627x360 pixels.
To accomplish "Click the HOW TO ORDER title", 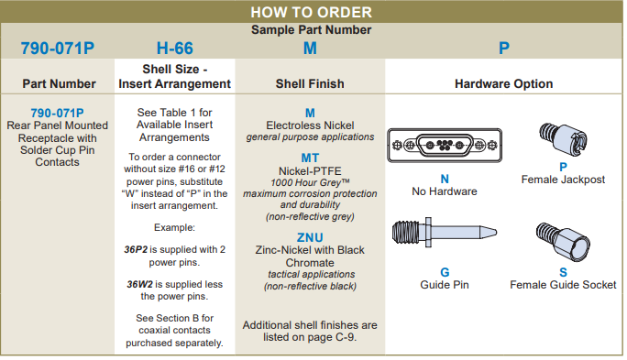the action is click(x=311, y=12).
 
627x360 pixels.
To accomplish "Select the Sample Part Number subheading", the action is click(x=311, y=29).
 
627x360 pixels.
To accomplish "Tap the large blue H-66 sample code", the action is click(x=175, y=49).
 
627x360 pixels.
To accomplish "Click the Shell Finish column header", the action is click(x=310, y=83).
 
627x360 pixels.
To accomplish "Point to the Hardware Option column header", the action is click(x=504, y=84).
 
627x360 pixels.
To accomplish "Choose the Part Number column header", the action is click(x=60, y=83).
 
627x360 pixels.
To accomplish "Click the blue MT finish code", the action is click(x=310, y=158).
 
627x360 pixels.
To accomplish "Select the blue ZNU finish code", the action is click(x=310, y=238).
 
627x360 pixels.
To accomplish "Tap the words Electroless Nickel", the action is click(x=310, y=125).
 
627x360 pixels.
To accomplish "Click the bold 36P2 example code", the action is click(x=136, y=250).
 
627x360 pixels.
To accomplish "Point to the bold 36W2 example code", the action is click(x=140, y=285).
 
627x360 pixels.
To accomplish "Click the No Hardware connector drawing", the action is click(x=445, y=145).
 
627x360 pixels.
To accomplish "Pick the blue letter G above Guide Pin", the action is click(x=445, y=272).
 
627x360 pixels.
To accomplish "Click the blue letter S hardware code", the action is click(x=563, y=272).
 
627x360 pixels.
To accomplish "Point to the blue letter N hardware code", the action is click(x=445, y=179).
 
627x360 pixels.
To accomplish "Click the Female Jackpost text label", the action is click(x=563, y=180).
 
